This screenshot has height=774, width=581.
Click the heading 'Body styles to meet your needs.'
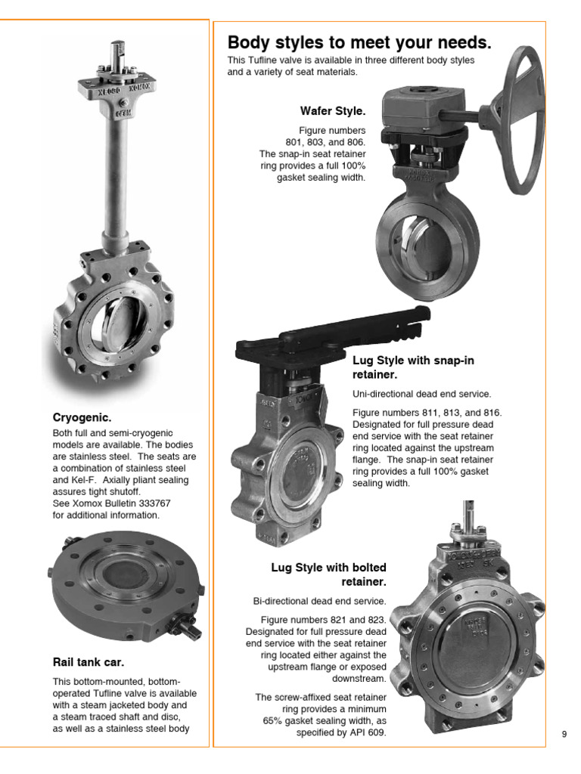click(x=359, y=42)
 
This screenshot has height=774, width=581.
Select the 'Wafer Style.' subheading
click(x=333, y=111)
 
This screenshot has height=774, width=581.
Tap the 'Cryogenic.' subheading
click(x=82, y=416)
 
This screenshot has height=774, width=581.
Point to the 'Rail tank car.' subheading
click(x=88, y=663)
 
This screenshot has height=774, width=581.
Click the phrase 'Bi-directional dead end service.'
click(x=319, y=601)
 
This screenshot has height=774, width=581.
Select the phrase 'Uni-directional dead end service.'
click(x=421, y=394)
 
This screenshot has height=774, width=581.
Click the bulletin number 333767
click(x=156, y=503)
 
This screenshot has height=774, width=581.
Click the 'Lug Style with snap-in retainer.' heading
click(x=413, y=367)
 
